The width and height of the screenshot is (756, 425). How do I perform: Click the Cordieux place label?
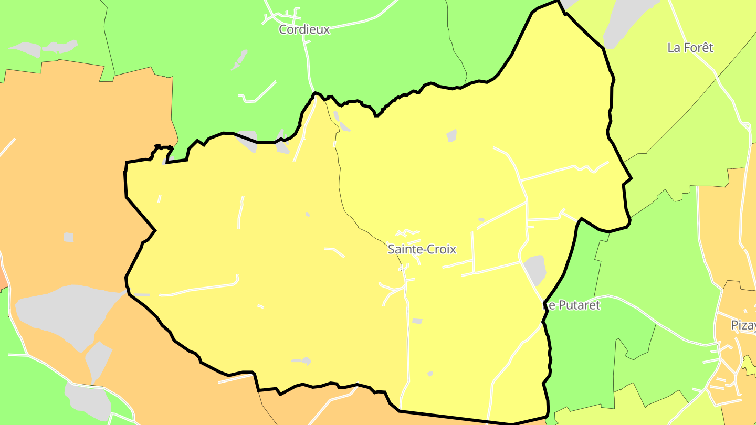304,29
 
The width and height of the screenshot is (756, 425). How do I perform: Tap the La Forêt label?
690,48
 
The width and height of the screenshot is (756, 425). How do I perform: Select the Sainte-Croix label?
422,249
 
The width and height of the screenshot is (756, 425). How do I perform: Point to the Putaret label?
572,305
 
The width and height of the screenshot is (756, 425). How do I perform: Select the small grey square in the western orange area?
69,238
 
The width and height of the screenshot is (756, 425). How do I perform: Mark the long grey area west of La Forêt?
627,21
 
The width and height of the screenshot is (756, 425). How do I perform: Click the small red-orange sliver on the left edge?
3,278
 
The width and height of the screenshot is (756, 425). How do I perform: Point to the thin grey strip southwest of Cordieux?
240,61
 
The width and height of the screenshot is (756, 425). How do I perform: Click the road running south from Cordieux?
308,63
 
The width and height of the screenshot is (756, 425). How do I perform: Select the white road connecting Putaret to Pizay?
656,320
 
